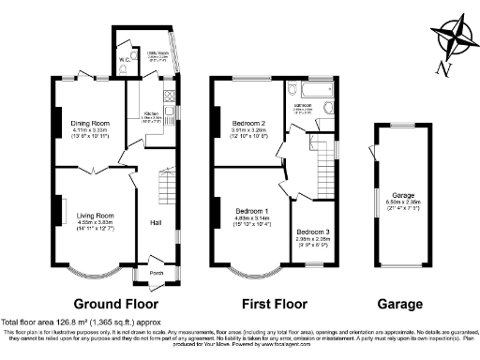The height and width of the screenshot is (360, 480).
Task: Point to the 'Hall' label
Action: point(157,222)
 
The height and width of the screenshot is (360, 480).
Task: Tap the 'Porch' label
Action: point(157,274)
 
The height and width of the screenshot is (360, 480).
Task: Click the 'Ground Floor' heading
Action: point(116,305)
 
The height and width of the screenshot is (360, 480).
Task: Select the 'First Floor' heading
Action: point(272,305)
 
